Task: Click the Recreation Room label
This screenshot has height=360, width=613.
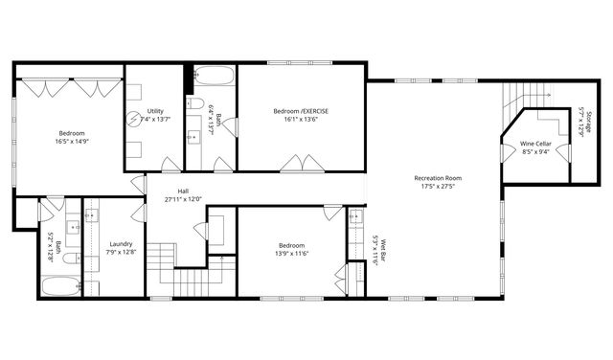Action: (438, 177)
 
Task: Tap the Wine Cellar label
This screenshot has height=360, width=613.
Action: (535, 144)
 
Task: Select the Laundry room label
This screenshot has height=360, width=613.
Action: (121, 243)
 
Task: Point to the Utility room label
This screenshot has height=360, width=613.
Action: (154, 111)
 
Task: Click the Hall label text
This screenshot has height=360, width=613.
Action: (182, 191)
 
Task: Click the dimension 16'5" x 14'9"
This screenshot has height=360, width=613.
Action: (72, 141)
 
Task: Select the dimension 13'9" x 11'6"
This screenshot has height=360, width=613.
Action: (292, 253)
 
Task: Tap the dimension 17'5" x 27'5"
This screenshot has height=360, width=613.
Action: (438, 186)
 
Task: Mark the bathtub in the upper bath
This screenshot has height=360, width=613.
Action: (208, 76)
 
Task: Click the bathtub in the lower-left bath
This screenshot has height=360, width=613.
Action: (61, 284)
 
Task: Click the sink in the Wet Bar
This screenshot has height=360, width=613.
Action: (355, 215)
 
